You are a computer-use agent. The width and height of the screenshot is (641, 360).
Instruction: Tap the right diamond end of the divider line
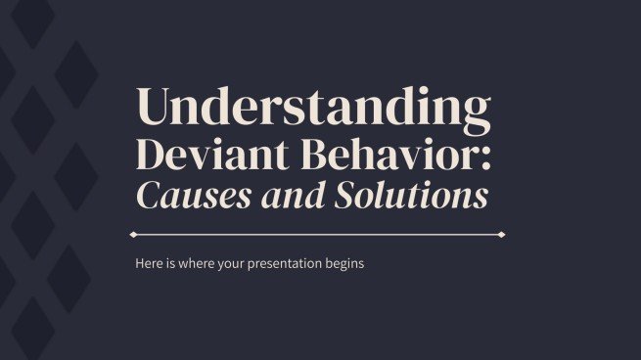pyautogui.click(x=502, y=235)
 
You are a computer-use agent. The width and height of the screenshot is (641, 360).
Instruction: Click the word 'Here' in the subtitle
pyautogui.click(x=149, y=264)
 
